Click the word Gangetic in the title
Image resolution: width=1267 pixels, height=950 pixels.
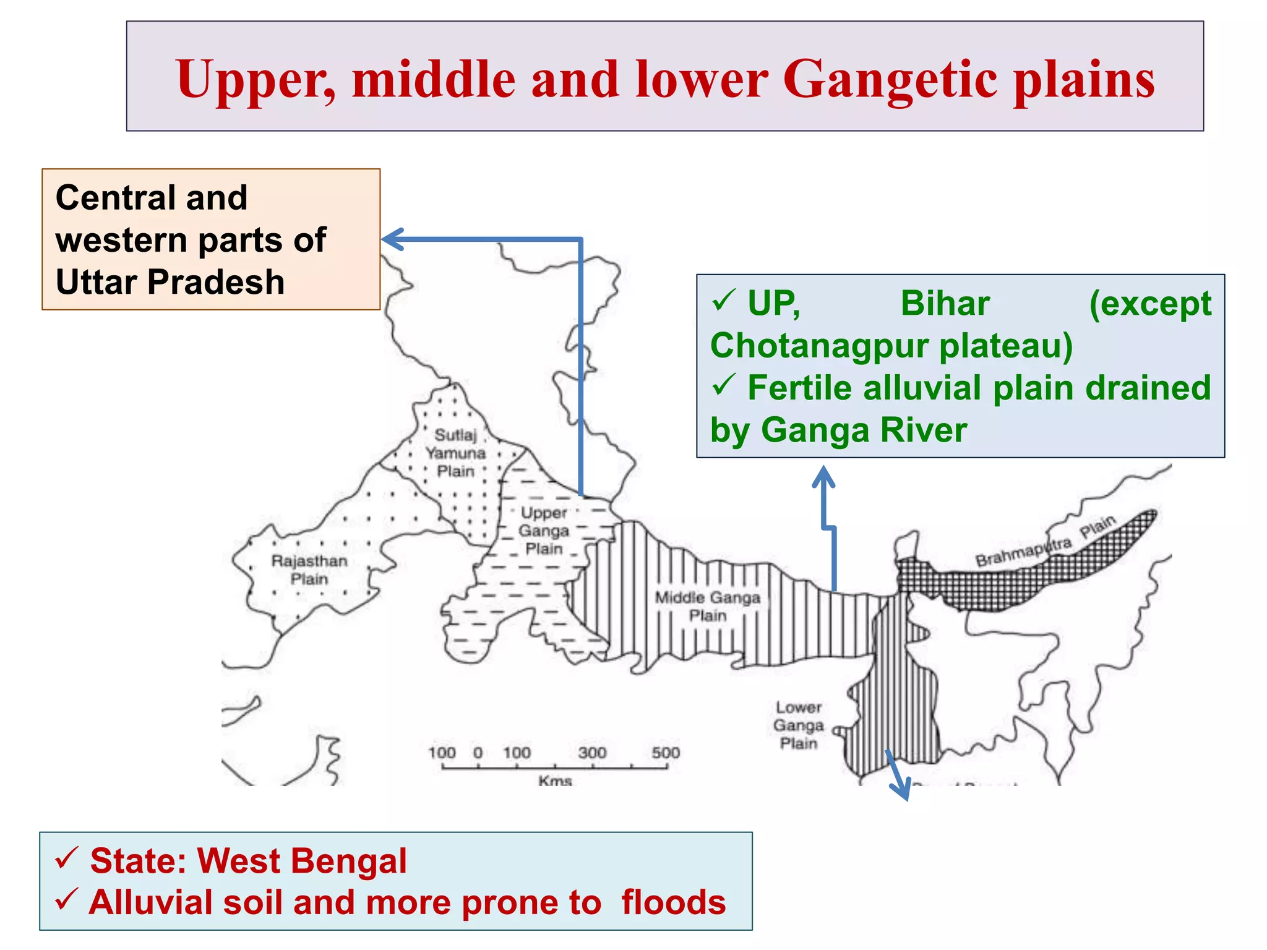[x=890, y=80]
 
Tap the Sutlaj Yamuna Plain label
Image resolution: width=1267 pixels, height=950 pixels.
[x=455, y=453]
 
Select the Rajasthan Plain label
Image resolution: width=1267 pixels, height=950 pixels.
[x=309, y=570]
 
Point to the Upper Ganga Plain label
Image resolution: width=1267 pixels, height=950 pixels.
[x=544, y=531]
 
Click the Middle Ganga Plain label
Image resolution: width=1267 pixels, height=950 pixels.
[x=708, y=606]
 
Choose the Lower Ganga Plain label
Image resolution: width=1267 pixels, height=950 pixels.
[x=799, y=725]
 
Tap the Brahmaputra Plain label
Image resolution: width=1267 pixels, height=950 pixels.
[x=1045, y=541]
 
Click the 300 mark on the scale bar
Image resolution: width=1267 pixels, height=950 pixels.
[x=592, y=753]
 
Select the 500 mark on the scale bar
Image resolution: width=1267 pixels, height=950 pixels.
[x=666, y=753]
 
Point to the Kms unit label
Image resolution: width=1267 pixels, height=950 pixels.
[x=555, y=781]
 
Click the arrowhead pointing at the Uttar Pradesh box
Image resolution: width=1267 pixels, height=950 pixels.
[x=391, y=239]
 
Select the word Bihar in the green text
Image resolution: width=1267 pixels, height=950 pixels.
[x=945, y=304]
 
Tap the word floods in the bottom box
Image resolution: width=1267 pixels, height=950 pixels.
[x=673, y=902]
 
